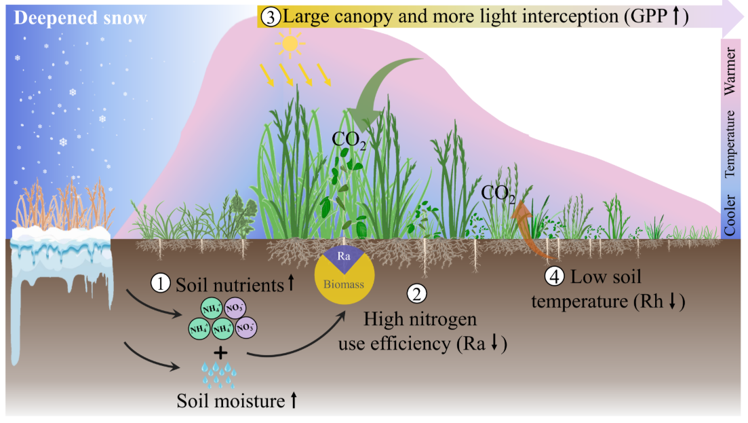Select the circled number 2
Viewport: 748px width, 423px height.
[415, 293]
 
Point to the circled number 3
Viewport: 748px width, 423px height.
[269, 17]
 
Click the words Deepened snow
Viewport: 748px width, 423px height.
[80, 18]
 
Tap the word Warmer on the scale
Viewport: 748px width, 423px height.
[731, 70]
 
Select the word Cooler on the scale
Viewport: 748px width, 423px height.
[731, 213]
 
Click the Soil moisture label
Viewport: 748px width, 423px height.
[229, 401]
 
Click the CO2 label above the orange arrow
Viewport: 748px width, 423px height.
[498, 195]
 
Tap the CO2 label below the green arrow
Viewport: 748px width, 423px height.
[349, 140]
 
